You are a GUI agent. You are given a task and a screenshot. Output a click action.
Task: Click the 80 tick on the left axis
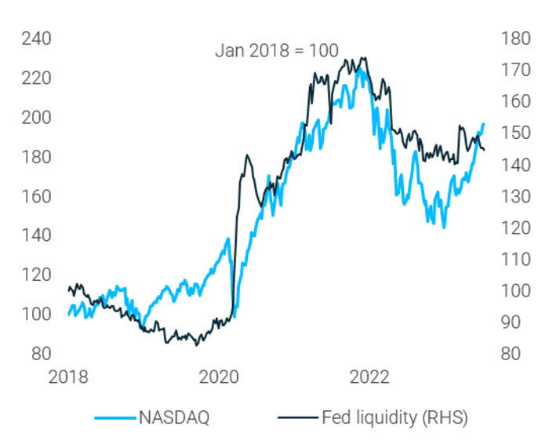(x=36, y=353)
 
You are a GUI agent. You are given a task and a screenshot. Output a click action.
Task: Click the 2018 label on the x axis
(x=69, y=377)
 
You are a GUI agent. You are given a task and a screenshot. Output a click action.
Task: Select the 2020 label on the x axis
(x=220, y=377)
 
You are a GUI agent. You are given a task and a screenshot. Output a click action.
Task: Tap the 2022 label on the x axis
(x=369, y=377)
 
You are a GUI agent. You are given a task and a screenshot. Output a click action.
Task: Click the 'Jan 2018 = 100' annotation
(x=276, y=51)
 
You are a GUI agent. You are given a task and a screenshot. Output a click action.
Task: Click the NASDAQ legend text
(x=174, y=418)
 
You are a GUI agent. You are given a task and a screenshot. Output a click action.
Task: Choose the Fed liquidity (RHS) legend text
(x=394, y=418)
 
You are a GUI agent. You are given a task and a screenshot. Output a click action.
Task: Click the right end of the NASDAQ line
(x=484, y=123)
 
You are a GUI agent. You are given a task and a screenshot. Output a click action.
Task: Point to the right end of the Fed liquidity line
(x=484, y=149)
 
